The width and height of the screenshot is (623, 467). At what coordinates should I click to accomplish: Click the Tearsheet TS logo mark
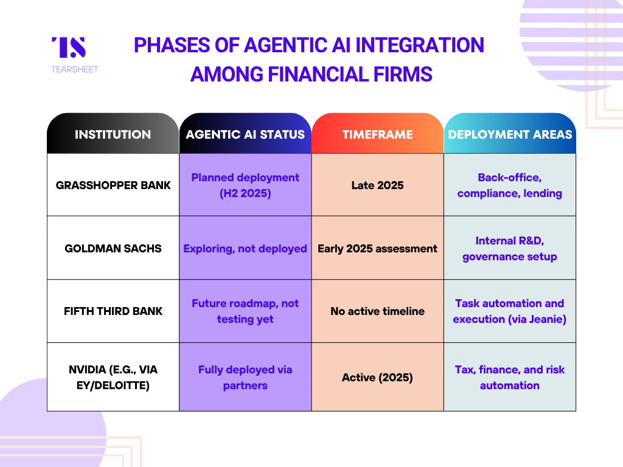pyautogui.click(x=69, y=47)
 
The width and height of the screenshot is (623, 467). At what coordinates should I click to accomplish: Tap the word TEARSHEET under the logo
pyautogui.click(x=75, y=69)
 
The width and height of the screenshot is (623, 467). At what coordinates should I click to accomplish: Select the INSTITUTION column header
pyautogui.click(x=113, y=134)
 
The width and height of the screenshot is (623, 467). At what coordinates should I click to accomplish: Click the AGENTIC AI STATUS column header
pyautogui.click(x=245, y=134)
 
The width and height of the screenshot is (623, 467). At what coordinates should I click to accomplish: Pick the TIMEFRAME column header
pyautogui.click(x=377, y=134)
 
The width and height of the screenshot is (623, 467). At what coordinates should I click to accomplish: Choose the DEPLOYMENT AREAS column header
pyautogui.click(x=510, y=134)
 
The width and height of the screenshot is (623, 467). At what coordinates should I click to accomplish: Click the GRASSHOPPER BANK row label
pyautogui.click(x=113, y=185)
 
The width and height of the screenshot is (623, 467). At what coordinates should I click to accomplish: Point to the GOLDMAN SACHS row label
pyautogui.click(x=113, y=248)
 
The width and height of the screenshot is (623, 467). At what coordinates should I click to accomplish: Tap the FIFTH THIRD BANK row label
pyautogui.click(x=113, y=311)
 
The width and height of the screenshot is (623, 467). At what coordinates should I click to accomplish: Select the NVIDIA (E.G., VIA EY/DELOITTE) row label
pyautogui.click(x=113, y=377)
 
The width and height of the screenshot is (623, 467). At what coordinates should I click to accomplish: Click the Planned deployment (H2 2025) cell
pyautogui.click(x=245, y=185)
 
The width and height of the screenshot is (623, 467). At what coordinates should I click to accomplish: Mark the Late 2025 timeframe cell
pyautogui.click(x=377, y=185)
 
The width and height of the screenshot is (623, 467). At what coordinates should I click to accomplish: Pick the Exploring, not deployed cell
pyautogui.click(x=245, y=249)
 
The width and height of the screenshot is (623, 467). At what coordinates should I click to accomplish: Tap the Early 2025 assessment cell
pyautogui.click(x=377, y=249)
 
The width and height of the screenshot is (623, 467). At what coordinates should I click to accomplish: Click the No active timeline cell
pyautogui.click(x=377, y=311)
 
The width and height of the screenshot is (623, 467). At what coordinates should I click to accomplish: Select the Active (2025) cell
pyautogui.click(x=377, y=377)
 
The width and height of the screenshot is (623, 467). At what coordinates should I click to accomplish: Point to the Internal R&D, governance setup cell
pyautogui.click(x=510, y=249)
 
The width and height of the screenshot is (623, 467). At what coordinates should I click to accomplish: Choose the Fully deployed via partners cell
pyautogui.click(x=245, y=377)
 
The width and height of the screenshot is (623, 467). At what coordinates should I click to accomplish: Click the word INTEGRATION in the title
pyautogui.click(x=420, y=45)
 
